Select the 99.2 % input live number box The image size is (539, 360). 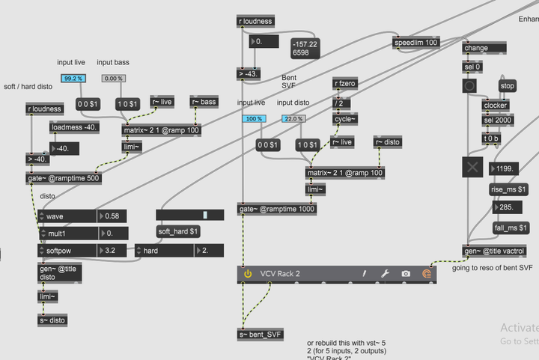tap(73, 79)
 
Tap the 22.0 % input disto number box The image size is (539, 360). tap(293, 119)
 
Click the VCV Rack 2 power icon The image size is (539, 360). tap(248, 274)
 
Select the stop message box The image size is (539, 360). tap(508, 86)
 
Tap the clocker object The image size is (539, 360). tap(495, 106)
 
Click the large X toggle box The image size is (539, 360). tap(472, 168)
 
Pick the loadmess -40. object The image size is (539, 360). tap(74, 127)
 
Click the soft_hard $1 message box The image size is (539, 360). tap(178, 231)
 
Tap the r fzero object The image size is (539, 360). tap(344, 85)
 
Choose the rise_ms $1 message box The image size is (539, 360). tap(510, 189)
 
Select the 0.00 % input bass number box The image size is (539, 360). tap(113, 79)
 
